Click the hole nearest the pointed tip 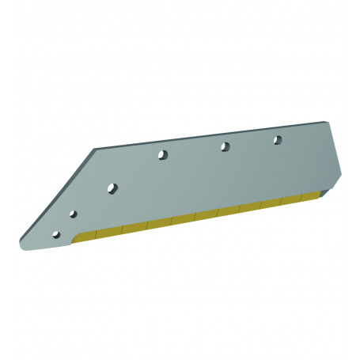(55, 235)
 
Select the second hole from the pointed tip (73, 214)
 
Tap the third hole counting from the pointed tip (112, 188)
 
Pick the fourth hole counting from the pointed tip (162, 154)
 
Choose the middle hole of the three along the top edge (225, 146)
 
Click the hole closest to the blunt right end (278, 140)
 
